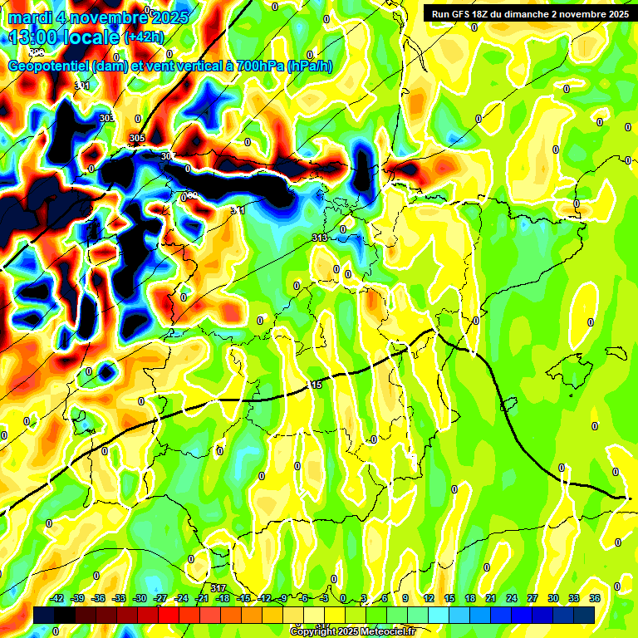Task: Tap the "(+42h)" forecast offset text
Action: click(x=143, y=37)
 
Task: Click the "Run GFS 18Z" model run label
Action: click(x=465, y=13)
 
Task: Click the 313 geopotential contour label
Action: click(x=319, y=238)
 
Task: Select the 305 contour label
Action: click(x=137, y=138)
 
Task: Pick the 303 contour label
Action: click(x=107, y=119)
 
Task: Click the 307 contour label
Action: click(x=168, y=156)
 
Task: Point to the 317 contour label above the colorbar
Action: click(x=218, y=588)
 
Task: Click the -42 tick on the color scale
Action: click(x=56, y=598)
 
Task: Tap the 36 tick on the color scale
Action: click(x=595, y=598)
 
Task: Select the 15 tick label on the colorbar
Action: click(x=449, y=598)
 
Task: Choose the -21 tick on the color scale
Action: click(x=202, y=598)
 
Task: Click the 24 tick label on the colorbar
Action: click(x=512, y=598)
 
